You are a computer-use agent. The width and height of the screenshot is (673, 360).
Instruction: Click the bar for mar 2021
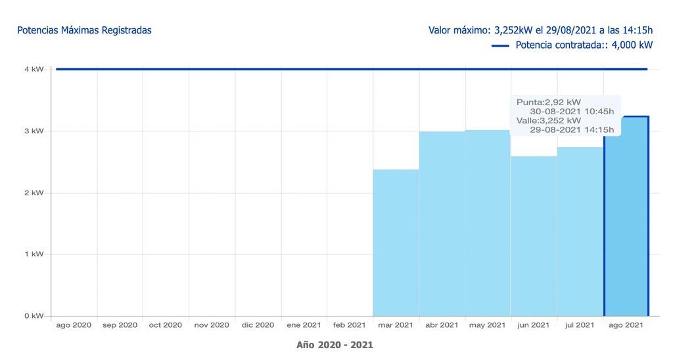click(396, 243)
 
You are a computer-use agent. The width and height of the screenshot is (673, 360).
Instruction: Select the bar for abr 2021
click(442, 223)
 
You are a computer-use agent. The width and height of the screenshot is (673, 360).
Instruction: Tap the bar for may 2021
click(488, 223)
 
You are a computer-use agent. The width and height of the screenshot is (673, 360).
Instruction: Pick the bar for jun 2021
click(534, 236)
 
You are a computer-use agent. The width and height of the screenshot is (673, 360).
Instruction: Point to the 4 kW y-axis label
click(34, 69)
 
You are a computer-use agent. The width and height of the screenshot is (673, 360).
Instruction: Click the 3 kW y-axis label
click(34, 131)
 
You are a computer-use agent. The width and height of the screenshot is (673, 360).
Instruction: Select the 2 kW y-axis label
click(34, 192)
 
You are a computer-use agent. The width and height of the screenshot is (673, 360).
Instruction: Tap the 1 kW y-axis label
click(34, 254)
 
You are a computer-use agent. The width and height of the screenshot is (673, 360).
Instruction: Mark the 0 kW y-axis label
click(34, 316)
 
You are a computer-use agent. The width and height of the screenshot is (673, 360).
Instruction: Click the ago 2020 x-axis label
click(74, 325)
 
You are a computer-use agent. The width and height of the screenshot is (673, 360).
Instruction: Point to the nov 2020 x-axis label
click(212, 325)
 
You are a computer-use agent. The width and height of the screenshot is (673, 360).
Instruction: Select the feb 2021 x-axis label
click(350, 325)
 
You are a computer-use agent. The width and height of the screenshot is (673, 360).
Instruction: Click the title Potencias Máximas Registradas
click(84, 30)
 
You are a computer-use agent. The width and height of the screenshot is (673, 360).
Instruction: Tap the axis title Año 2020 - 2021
click(335, 344)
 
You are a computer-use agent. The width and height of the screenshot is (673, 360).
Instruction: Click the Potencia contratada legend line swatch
click(500, 45)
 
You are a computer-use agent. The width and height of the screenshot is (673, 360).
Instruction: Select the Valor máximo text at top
click(540, 30)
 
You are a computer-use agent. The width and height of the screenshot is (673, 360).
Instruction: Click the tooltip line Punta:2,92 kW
click(549, 102)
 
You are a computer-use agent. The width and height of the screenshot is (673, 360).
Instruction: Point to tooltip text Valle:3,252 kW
click(549, 120)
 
